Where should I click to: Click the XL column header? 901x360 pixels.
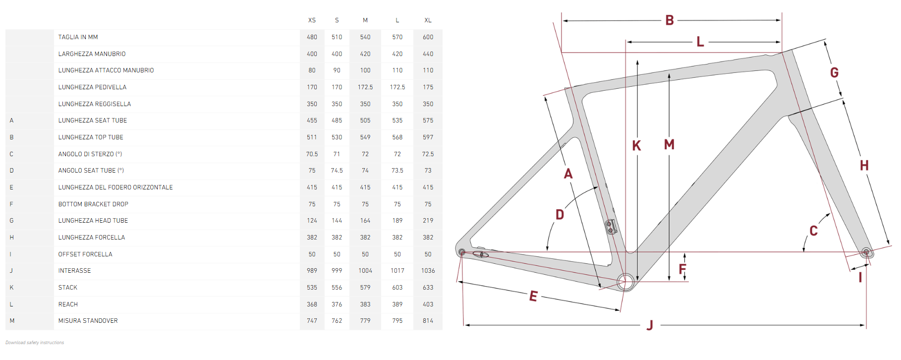click(x=428, y=20)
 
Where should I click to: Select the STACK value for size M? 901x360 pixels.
click(x=365, y=288)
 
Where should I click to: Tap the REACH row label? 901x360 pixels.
click(x=68, y=304)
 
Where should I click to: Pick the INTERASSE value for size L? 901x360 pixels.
click(x=397, y=271)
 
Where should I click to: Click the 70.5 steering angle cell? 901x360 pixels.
click(x=312, y=154)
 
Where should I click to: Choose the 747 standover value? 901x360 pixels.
click(x=312, y=321)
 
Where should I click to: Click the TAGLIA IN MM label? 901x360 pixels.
click(x=78, y=37)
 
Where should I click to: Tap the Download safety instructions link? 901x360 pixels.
click(x=35, y=343)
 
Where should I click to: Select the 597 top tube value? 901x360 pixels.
click(x=428, y=137)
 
